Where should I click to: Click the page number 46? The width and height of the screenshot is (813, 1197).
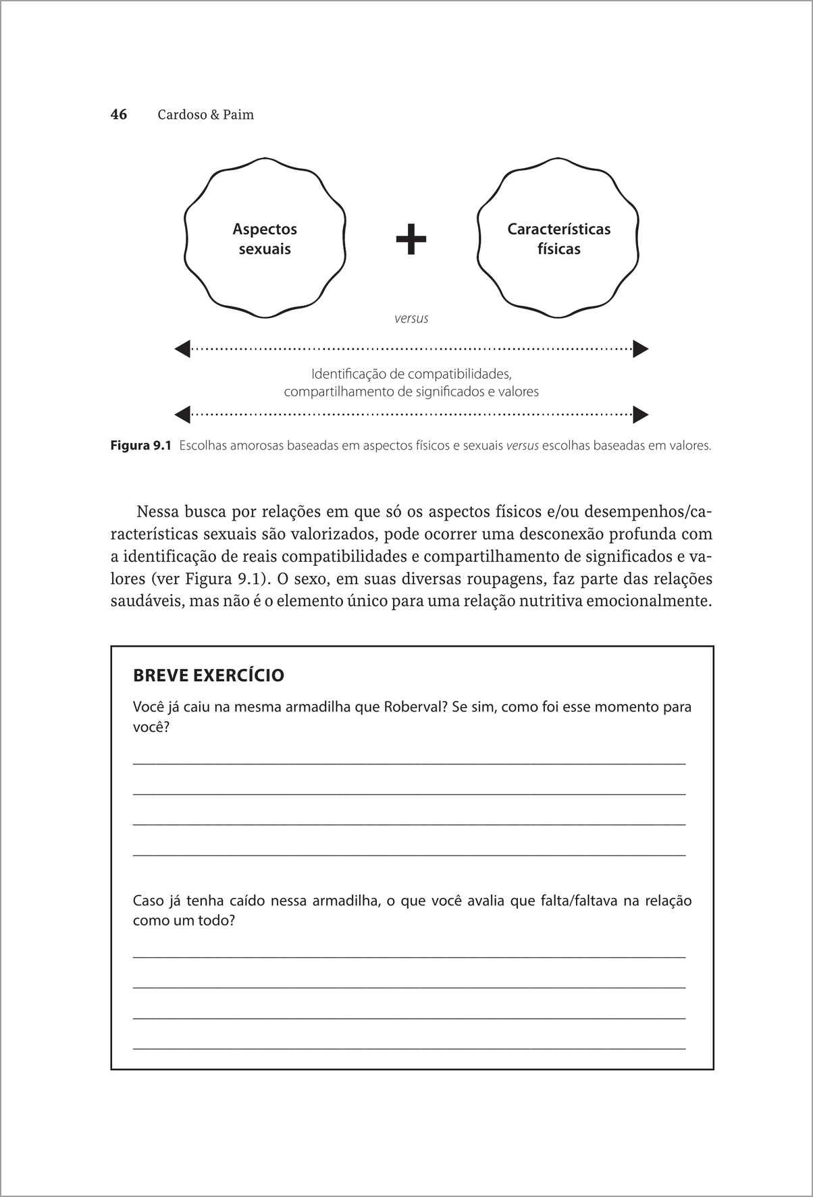(x=119, y=115)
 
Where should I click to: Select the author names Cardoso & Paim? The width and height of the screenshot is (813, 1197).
(x=205, y=115)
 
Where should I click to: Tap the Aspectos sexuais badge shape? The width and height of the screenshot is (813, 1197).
(x=265, y=238)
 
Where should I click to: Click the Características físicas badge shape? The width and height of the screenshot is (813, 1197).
(x=558, y=238)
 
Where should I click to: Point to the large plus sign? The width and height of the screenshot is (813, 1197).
(x=411, y=239)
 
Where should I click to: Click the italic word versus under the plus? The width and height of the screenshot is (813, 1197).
(x=411, y=318)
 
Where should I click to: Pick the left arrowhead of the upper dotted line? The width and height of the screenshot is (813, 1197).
(x=182, y=349)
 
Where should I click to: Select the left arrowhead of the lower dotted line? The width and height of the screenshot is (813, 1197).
(x=182, y=414)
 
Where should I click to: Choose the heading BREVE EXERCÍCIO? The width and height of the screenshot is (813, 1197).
(x=209, y=675)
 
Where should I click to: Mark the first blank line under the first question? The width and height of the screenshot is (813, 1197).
(x=409, y=764)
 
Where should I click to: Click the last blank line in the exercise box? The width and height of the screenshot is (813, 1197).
(x=409, y=1048)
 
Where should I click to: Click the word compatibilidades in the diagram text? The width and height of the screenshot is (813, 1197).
(x=459, y=373)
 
